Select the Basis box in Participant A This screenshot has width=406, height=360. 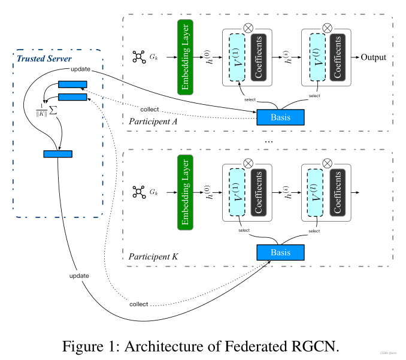(x=280, y=117)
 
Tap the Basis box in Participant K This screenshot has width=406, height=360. (x=280, y=252)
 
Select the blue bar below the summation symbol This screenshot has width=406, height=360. (x=57, y=154)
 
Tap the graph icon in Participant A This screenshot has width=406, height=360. (x=139, y=58)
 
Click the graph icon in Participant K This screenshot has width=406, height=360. (x=139, y=192)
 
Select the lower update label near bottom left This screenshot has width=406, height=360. (x=78, y=276)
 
